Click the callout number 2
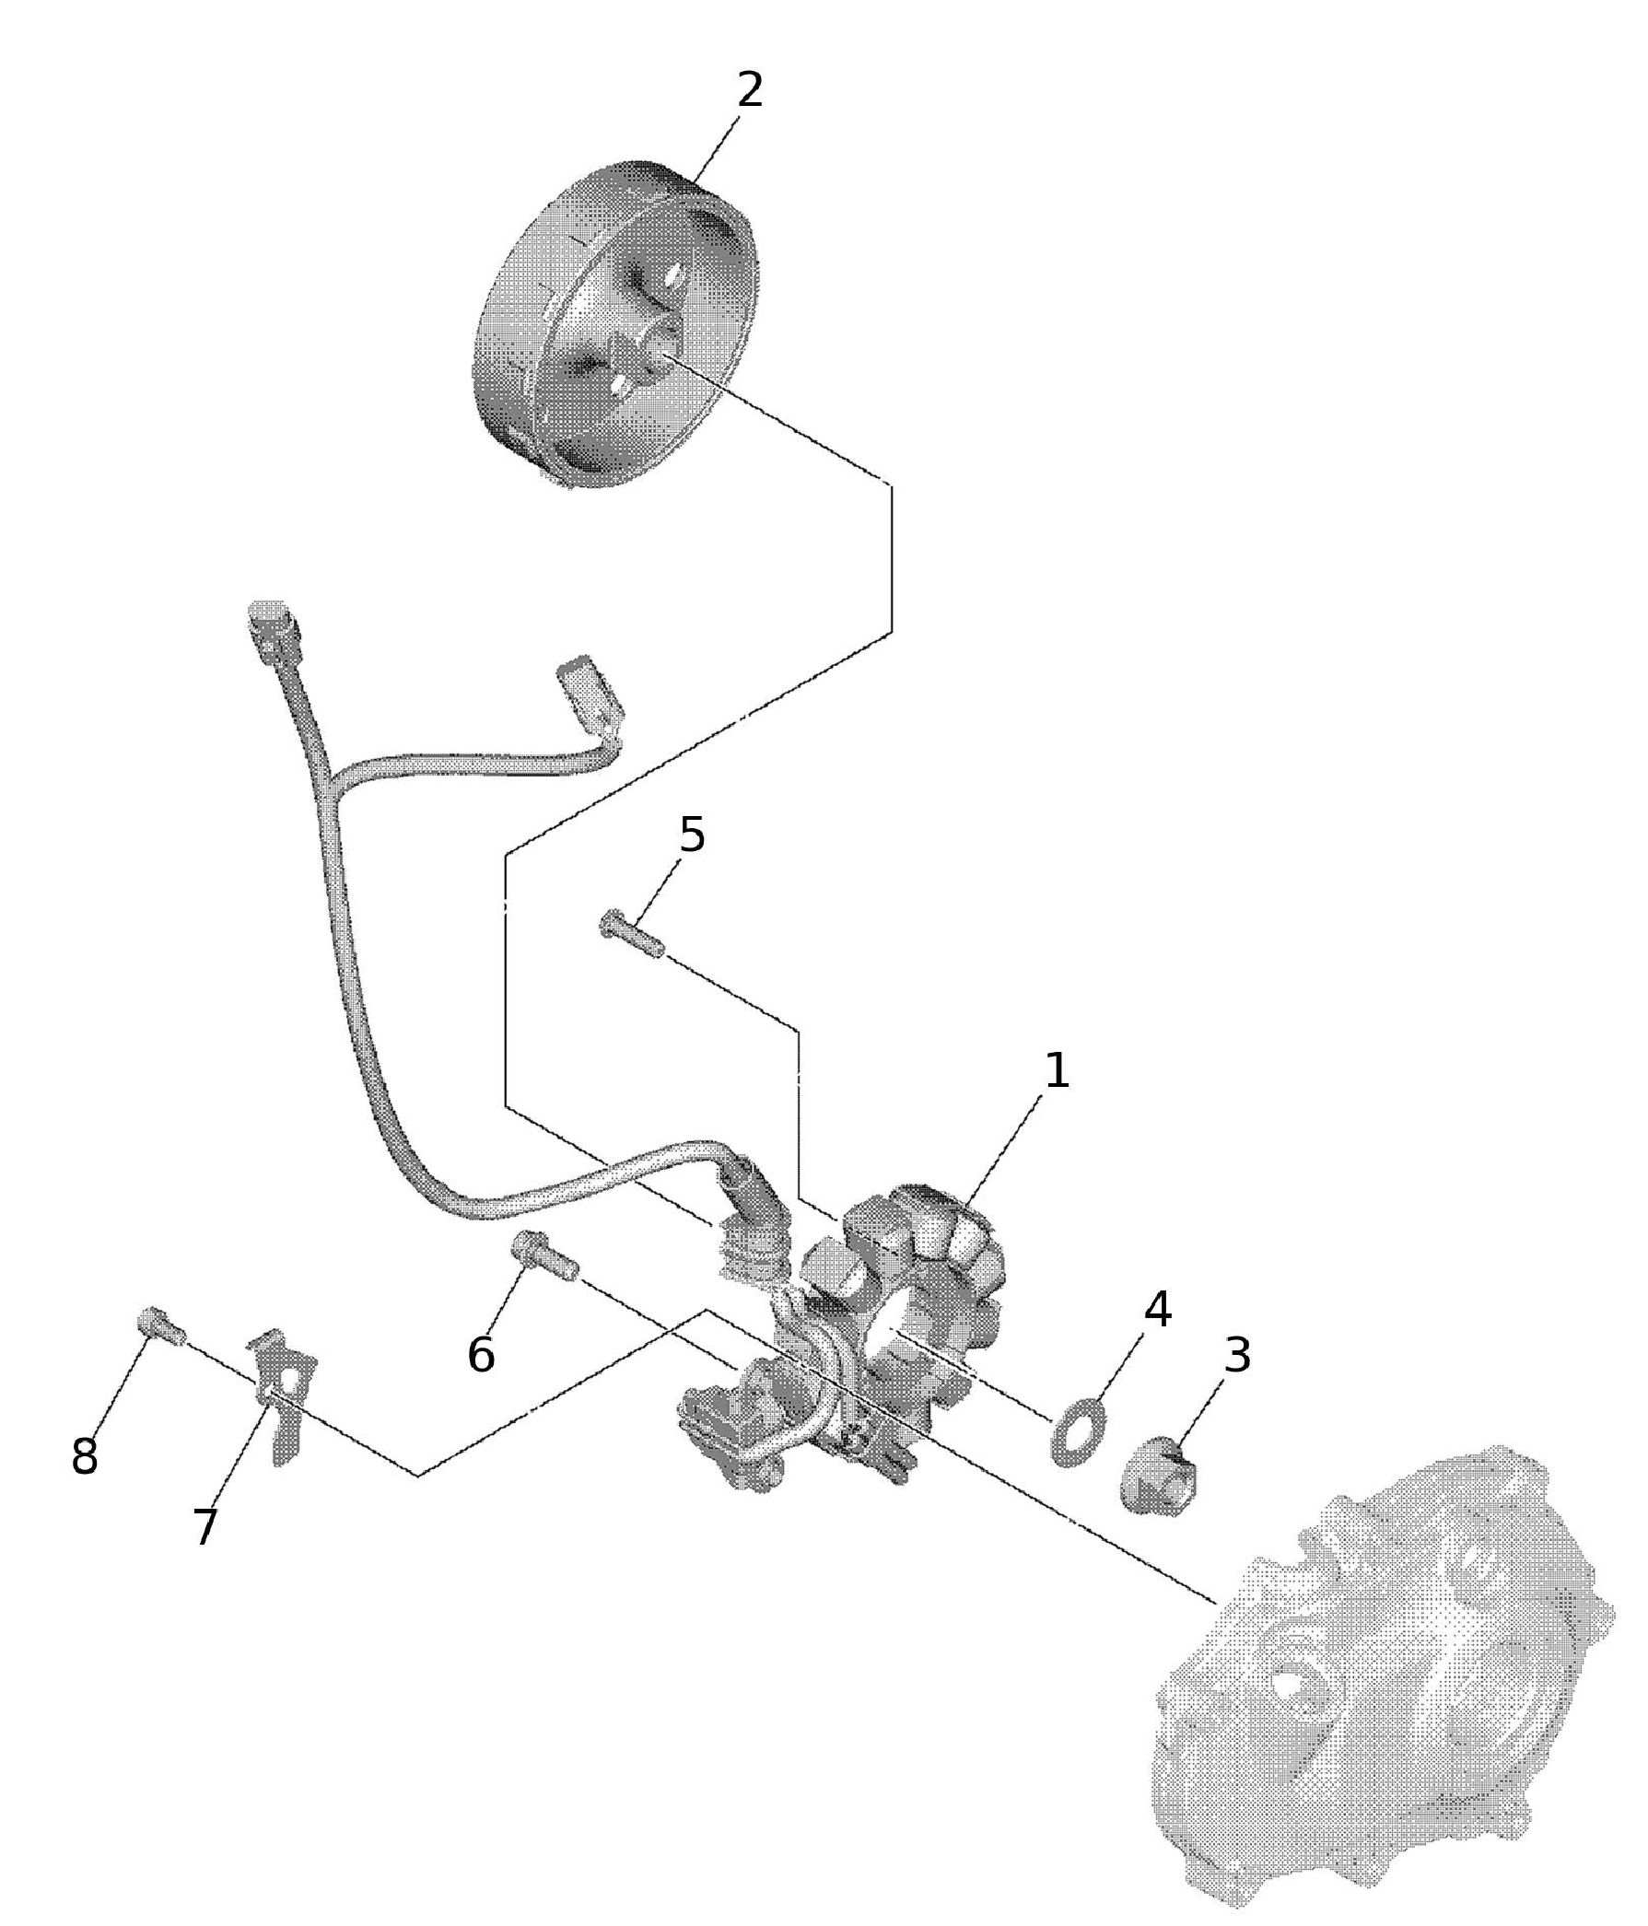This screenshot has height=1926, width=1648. tap(749, 91)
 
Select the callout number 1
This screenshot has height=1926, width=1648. tap(1057, 1072)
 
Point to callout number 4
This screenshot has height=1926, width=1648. tap(1157, 1310)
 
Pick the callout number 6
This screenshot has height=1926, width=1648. tap(481, 1355)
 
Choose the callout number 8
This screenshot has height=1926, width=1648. tap(84, 1456)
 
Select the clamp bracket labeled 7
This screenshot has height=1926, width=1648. tap(284, 1393)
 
